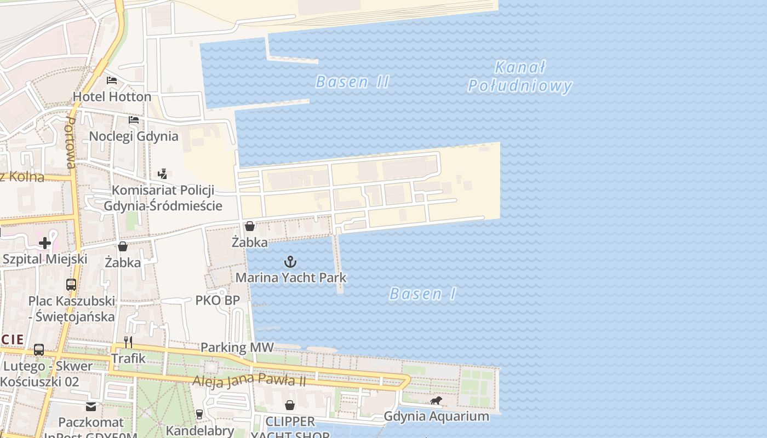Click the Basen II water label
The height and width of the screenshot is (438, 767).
(352, 82)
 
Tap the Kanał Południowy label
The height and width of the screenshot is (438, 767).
(519, 77)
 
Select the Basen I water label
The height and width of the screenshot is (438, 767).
(422, 294)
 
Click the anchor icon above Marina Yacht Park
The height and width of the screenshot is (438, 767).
(290, 262)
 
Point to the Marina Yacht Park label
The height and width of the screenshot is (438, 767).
(291, 278)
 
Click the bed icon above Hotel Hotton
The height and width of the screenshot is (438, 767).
(112, 80)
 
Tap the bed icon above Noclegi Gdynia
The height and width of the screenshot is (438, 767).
(134, 120)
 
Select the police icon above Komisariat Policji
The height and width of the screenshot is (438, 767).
(162, 174)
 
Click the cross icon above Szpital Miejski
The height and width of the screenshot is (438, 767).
(45, 243)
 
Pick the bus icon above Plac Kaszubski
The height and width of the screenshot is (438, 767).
(71, 285)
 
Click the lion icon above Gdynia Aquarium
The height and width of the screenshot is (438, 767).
(436, 401)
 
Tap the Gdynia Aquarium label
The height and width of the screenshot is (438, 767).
(436, 416)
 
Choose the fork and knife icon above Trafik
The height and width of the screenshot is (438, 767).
(128, 342)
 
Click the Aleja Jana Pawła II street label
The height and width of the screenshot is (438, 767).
(249, 380)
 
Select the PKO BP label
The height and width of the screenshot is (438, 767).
(217, 300)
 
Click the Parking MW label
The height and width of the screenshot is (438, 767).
(237, 347)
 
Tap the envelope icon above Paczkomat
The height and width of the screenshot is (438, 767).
(91, 407)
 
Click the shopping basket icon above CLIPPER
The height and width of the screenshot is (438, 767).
(290, 405)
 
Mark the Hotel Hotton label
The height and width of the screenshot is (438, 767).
(112, 97)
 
